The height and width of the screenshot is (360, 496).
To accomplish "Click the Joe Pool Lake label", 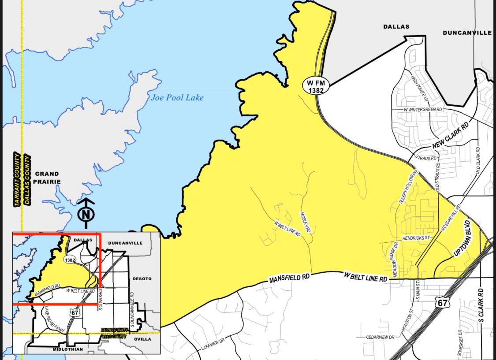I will [x=177, y=97].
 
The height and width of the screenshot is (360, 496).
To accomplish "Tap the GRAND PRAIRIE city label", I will [x=47, y=177].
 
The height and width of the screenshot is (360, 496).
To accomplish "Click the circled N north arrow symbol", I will [x=86, y=215].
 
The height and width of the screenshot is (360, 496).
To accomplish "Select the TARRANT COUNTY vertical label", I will [x=17, y=179].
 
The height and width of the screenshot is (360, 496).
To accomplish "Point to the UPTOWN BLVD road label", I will [x=462, y=242].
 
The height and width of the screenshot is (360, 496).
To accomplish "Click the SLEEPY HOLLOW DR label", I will [x=407, y=187].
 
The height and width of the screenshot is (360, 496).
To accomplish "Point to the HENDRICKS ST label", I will [x=416, y=238].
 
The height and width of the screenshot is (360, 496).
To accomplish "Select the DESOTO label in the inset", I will [x=142, y=278].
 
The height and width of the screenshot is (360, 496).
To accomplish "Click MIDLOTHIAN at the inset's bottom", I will [x=67, y=349].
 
